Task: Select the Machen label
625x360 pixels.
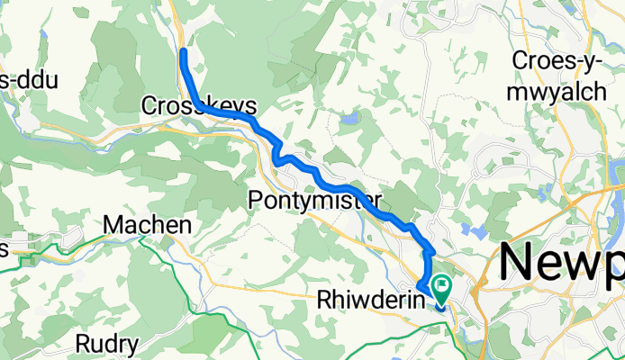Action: (148, 224)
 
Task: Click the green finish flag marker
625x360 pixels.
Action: (442, 288)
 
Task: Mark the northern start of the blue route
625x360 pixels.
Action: (183, 51)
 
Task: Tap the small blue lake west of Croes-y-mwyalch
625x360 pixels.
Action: (349, 118)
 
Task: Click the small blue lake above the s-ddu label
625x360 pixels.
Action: (42, 35)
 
